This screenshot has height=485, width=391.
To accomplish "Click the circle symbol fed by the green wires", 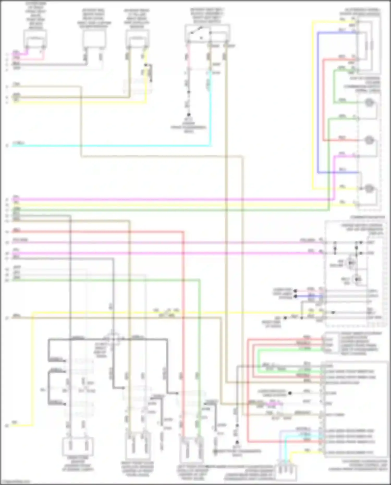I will [x=368, y=102].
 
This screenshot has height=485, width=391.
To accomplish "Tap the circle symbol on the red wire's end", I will [x=368, y=140].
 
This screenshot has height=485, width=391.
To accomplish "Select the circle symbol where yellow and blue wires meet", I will [x=368, y=188].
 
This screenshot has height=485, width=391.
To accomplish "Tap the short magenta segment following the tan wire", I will [x=274, y=404].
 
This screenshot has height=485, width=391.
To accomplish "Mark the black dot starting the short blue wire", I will [x=296, y=296].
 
